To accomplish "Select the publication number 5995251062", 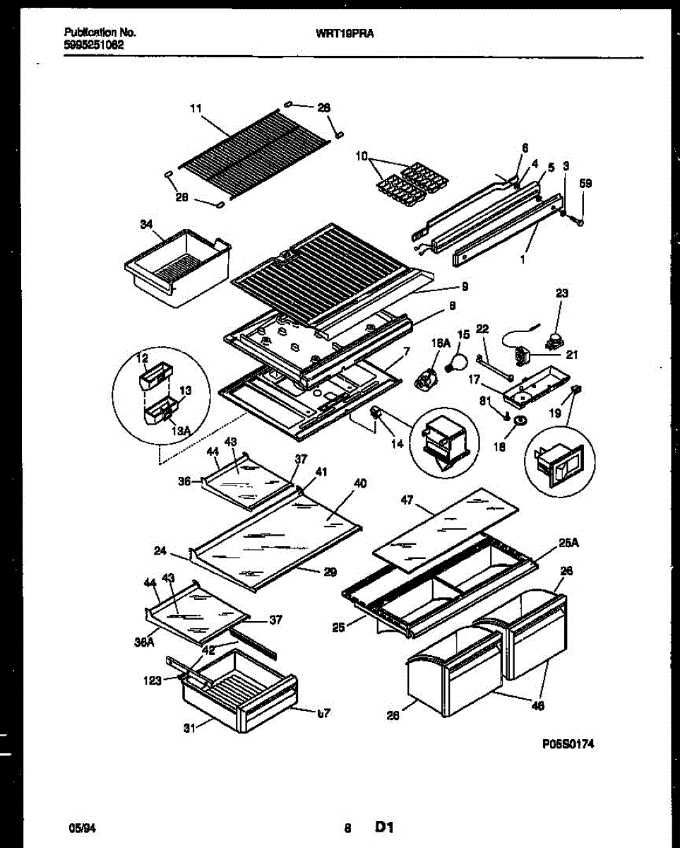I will [95, 43].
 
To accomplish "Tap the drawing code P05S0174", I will [564, 743].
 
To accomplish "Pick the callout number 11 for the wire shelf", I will [196, 108].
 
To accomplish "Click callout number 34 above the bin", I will [146, 225].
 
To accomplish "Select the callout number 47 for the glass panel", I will [407, 500].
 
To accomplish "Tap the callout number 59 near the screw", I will [585, 184].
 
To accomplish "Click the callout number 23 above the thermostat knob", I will [561, 292].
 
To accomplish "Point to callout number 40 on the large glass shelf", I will [359, 484].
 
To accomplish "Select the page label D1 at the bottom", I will [383, 827].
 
